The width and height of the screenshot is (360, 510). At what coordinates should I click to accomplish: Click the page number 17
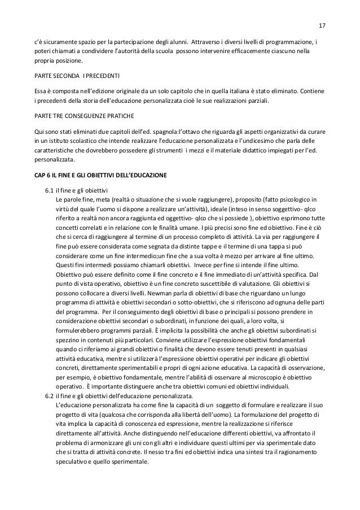(322, 26)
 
